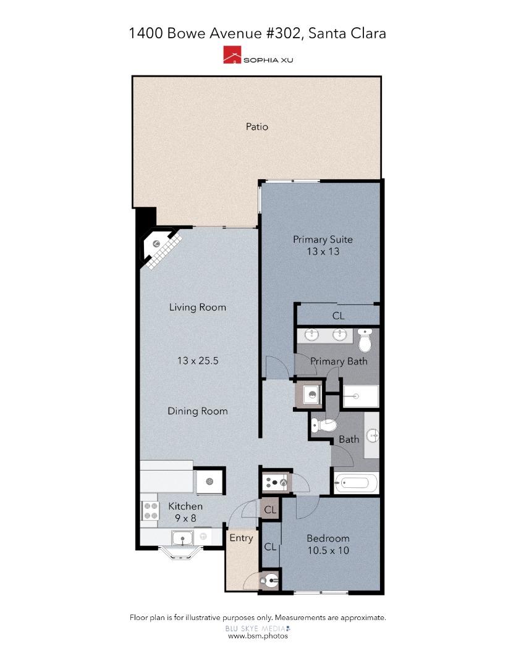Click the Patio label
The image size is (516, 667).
coord(257,127)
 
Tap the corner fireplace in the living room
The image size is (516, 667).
coord(158,246)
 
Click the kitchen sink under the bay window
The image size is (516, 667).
coord(182,539)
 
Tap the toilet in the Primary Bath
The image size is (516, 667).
coord(365,339)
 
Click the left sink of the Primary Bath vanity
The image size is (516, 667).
coord(312,335)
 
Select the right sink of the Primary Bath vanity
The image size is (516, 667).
coord(339,335)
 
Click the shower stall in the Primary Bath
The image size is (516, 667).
coord(360,395)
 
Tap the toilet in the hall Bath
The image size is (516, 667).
coord(324,425)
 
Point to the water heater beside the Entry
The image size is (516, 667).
coord(270,580)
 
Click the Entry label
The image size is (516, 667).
coord(241,538)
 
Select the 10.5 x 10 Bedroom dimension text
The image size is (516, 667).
coord(328,550)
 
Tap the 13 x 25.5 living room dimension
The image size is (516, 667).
coord(198,361)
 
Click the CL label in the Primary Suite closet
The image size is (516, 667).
coord(338,316)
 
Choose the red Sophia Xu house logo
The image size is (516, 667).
coord(232,57)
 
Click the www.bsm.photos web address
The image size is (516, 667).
coord(258,636)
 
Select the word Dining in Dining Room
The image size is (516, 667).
coord(184,411)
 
